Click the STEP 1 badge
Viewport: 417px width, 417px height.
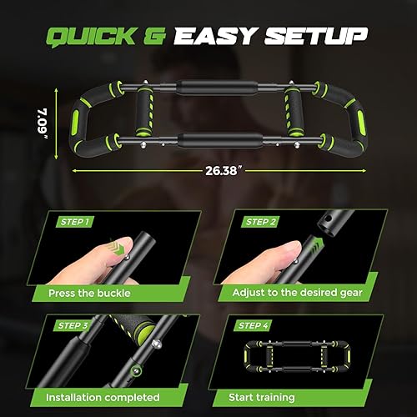point(78,224)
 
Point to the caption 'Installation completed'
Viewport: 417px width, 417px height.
point(104,398)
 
